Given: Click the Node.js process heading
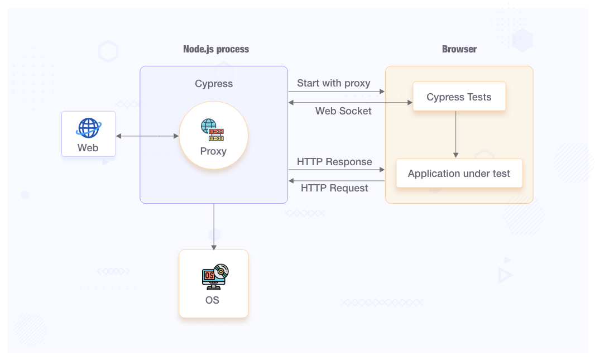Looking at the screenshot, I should coord(216,49).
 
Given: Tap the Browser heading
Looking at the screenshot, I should coord(459,49).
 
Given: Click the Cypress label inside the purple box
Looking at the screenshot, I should coord(214,84).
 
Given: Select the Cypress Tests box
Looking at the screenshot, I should coord(459,97).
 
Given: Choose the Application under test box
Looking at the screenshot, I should coord(459,174).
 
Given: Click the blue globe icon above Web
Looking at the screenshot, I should coord(88,128).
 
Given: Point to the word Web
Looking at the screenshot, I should coord(88,148).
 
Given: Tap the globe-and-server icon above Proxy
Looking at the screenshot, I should coord(212,130).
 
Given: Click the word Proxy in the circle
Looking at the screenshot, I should coord(213,151).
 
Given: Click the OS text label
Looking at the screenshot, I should coord(212,300).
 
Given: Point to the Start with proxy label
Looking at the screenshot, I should coord(334,83).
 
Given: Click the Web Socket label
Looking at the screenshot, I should coord(343,111).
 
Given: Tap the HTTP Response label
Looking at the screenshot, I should coord(334,162).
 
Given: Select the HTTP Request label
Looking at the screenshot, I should coord(334,188).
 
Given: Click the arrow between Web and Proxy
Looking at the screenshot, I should coord(147,136).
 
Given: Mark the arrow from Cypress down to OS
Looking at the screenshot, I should coord(214,226).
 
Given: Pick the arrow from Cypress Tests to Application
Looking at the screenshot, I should coord(456,134).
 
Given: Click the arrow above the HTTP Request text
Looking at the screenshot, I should coord(337,181).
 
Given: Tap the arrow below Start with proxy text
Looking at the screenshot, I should coord(337,91).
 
